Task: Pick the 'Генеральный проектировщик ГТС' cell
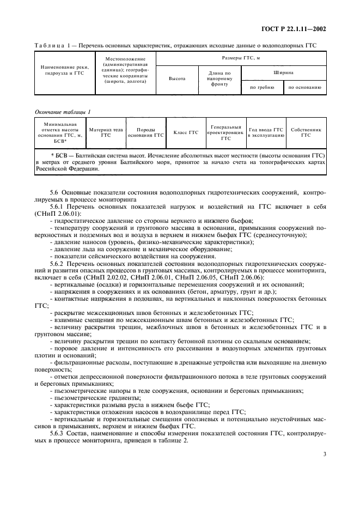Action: [225, 132]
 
